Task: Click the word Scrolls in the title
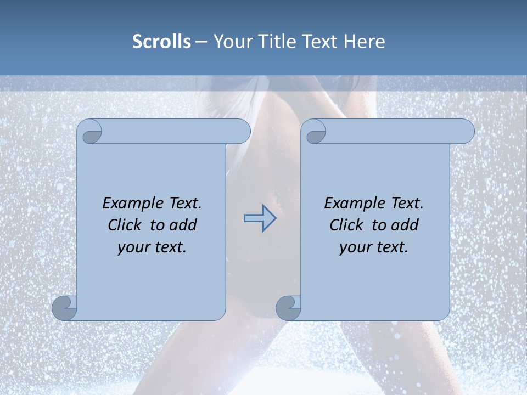(x=161, y=42)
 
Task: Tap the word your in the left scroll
(x=132, y=247)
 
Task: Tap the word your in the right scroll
(x=354, y=247)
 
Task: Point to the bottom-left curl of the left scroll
(x=64, y=308)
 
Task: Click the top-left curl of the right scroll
(x=314, y=132)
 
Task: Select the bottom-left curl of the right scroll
(x=288, y=308)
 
